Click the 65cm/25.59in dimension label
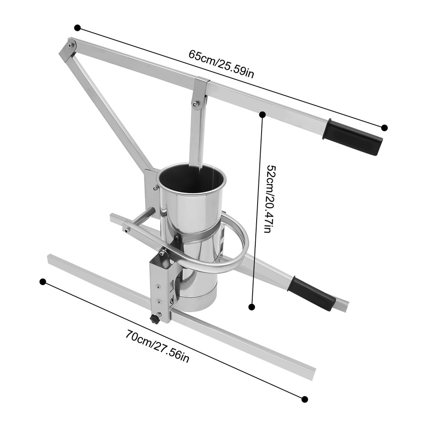pyautogui.click(x=221, y=64)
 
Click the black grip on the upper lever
pyautogui.click(x=353, y=137)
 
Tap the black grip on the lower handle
pyautogui.click(x=311, y=293)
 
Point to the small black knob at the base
pyautogui.click(x=155, y=319)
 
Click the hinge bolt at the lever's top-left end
pyautogui.click(x=70, y=45)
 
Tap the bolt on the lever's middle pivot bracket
pyautogui.click(x=195, y=104)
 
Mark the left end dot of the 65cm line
pyautogui.click(x=77, y=28)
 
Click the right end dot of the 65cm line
pyautogui.click(x=384, y=128)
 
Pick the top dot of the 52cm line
pyautogui.click(x=262, y=115)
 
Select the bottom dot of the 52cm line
pyautogui.click(x=252, y=306)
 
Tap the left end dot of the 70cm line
pyautogui.click(x=43, y=282)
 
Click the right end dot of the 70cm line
pyautogui.click(x=304, y=399)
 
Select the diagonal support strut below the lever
pyautogui.click(x=111, y=111)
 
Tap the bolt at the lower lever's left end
pyautogui.click(x=128, y=230)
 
